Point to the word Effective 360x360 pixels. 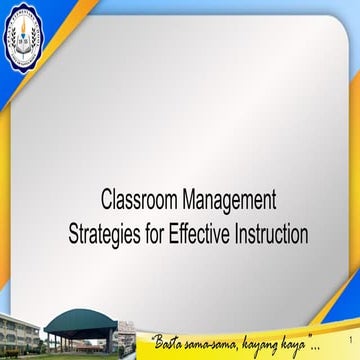click(201, 236)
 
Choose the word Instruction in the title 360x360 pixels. click(270, 236)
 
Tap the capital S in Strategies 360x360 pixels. click(75, 236)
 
